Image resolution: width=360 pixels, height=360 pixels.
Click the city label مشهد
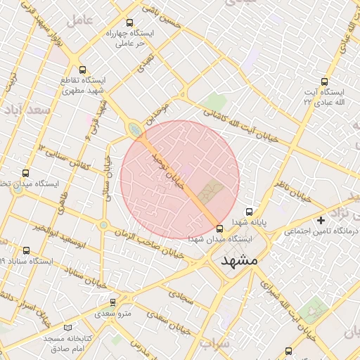coord(240,260)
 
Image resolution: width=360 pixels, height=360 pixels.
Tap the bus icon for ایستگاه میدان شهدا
coord(220,229)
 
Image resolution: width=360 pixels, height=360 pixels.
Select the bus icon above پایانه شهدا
coord(248,212)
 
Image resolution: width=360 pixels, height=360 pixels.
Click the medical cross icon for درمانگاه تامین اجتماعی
coord(322,221)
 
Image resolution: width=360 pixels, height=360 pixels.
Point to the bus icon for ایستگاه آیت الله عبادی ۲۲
coord(324,82)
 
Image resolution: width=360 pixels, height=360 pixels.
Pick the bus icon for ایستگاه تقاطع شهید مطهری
coord(84,70)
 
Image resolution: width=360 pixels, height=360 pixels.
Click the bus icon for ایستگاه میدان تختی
coord(26,173)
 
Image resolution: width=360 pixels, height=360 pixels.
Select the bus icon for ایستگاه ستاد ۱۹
coord(26,250)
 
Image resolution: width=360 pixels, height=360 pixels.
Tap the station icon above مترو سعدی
coord(112,303)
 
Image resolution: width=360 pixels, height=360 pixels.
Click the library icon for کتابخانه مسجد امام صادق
coord(67,328)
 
